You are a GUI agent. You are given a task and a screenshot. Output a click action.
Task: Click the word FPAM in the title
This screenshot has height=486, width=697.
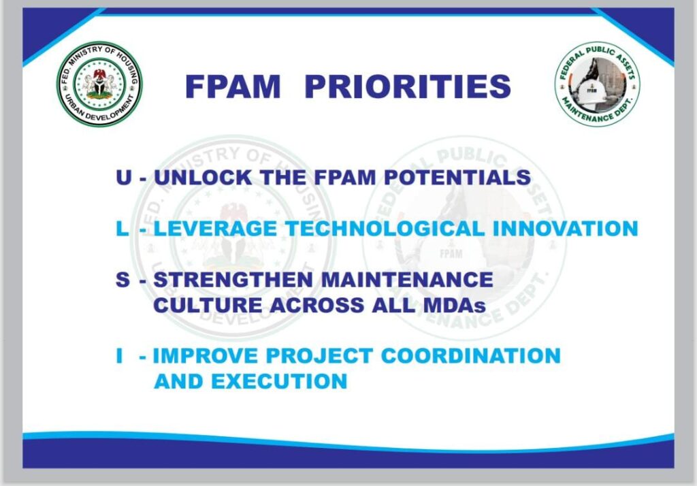[233, 86]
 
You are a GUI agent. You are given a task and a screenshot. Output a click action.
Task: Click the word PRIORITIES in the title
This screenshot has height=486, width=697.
[408, 86]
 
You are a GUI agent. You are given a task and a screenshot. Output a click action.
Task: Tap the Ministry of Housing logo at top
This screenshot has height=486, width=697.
[99, 84]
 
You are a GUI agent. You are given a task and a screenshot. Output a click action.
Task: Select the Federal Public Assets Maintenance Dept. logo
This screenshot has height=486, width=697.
[598, 84]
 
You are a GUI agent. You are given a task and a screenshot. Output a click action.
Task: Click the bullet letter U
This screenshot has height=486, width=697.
[124, 178]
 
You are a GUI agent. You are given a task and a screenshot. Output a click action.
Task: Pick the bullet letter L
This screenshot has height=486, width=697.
[122, 229]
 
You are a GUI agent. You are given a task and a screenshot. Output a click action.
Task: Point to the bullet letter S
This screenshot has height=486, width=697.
[123, 280]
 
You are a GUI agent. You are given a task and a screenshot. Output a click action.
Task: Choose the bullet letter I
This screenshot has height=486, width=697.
[119, 356]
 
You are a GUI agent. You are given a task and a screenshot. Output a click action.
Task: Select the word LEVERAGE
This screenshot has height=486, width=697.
[215, 229]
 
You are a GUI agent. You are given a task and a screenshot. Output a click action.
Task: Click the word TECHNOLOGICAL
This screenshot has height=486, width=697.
[385, 229]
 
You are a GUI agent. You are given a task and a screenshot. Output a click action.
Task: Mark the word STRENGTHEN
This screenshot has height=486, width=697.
[233, 280]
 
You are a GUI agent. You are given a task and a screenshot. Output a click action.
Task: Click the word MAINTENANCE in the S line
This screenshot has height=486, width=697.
[407, 280]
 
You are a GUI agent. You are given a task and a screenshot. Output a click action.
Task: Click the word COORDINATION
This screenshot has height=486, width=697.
[471, 356]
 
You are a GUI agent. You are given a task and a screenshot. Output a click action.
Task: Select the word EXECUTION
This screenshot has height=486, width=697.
[279, 381]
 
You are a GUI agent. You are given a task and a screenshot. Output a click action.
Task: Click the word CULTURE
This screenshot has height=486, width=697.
[208, 305]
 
